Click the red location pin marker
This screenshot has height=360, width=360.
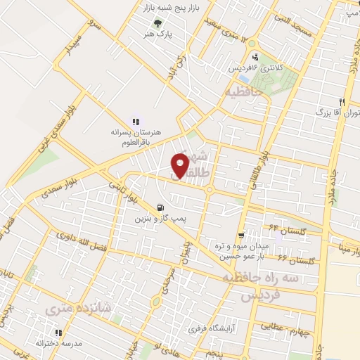point(181,165)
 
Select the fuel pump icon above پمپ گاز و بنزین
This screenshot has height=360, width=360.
point(162,208)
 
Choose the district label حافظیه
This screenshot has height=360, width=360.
point(243,92)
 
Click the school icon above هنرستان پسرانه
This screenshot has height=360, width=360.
point(136,122)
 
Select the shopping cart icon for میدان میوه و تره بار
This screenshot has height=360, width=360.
point(241,236)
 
